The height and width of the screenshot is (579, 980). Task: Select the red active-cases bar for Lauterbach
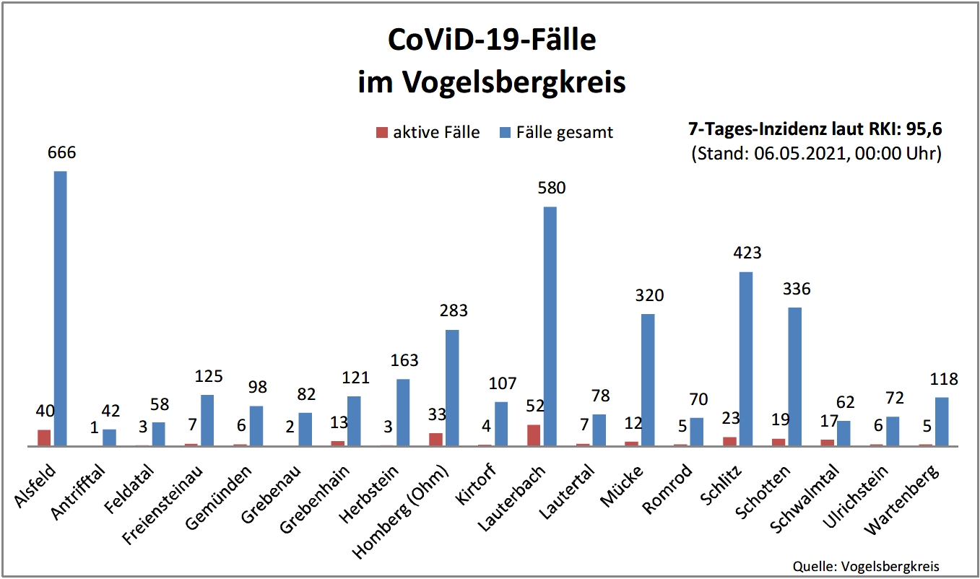click(534, 435)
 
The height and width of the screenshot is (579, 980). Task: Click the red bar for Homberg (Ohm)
click(435, 440)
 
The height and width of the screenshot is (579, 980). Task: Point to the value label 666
click(61, 152)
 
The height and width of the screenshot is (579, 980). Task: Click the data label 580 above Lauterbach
click(551, 188)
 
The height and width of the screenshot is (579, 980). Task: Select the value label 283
click(454, 311)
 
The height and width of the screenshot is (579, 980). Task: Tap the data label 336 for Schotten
click(796, 289)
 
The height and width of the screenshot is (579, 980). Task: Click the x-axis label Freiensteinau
click(163, 505)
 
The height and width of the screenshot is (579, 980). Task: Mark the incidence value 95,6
click(926, 130)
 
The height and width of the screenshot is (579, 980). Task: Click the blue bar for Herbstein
click(403, 412)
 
